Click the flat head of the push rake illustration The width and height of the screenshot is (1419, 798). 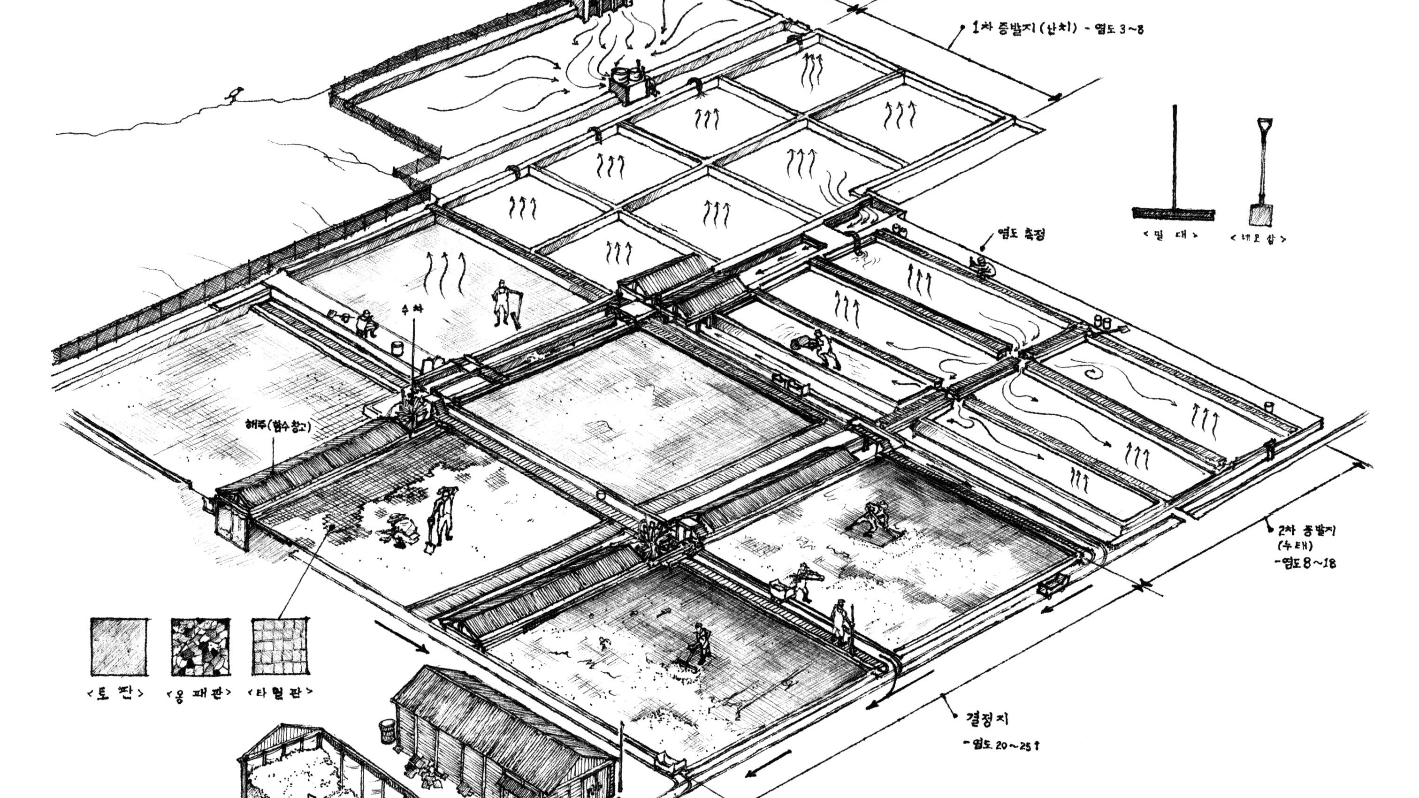tap(1173, 213)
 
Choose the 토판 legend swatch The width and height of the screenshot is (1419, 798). tap(119, 646)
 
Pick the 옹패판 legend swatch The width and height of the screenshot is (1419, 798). tap(200, 646)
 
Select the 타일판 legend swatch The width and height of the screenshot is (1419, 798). tap(281, 646)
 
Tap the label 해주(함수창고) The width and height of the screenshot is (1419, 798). tap(278, 425)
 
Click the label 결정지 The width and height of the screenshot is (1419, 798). tap(987, 719)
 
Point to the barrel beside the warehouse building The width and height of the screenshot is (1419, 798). tap(387, 731)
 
